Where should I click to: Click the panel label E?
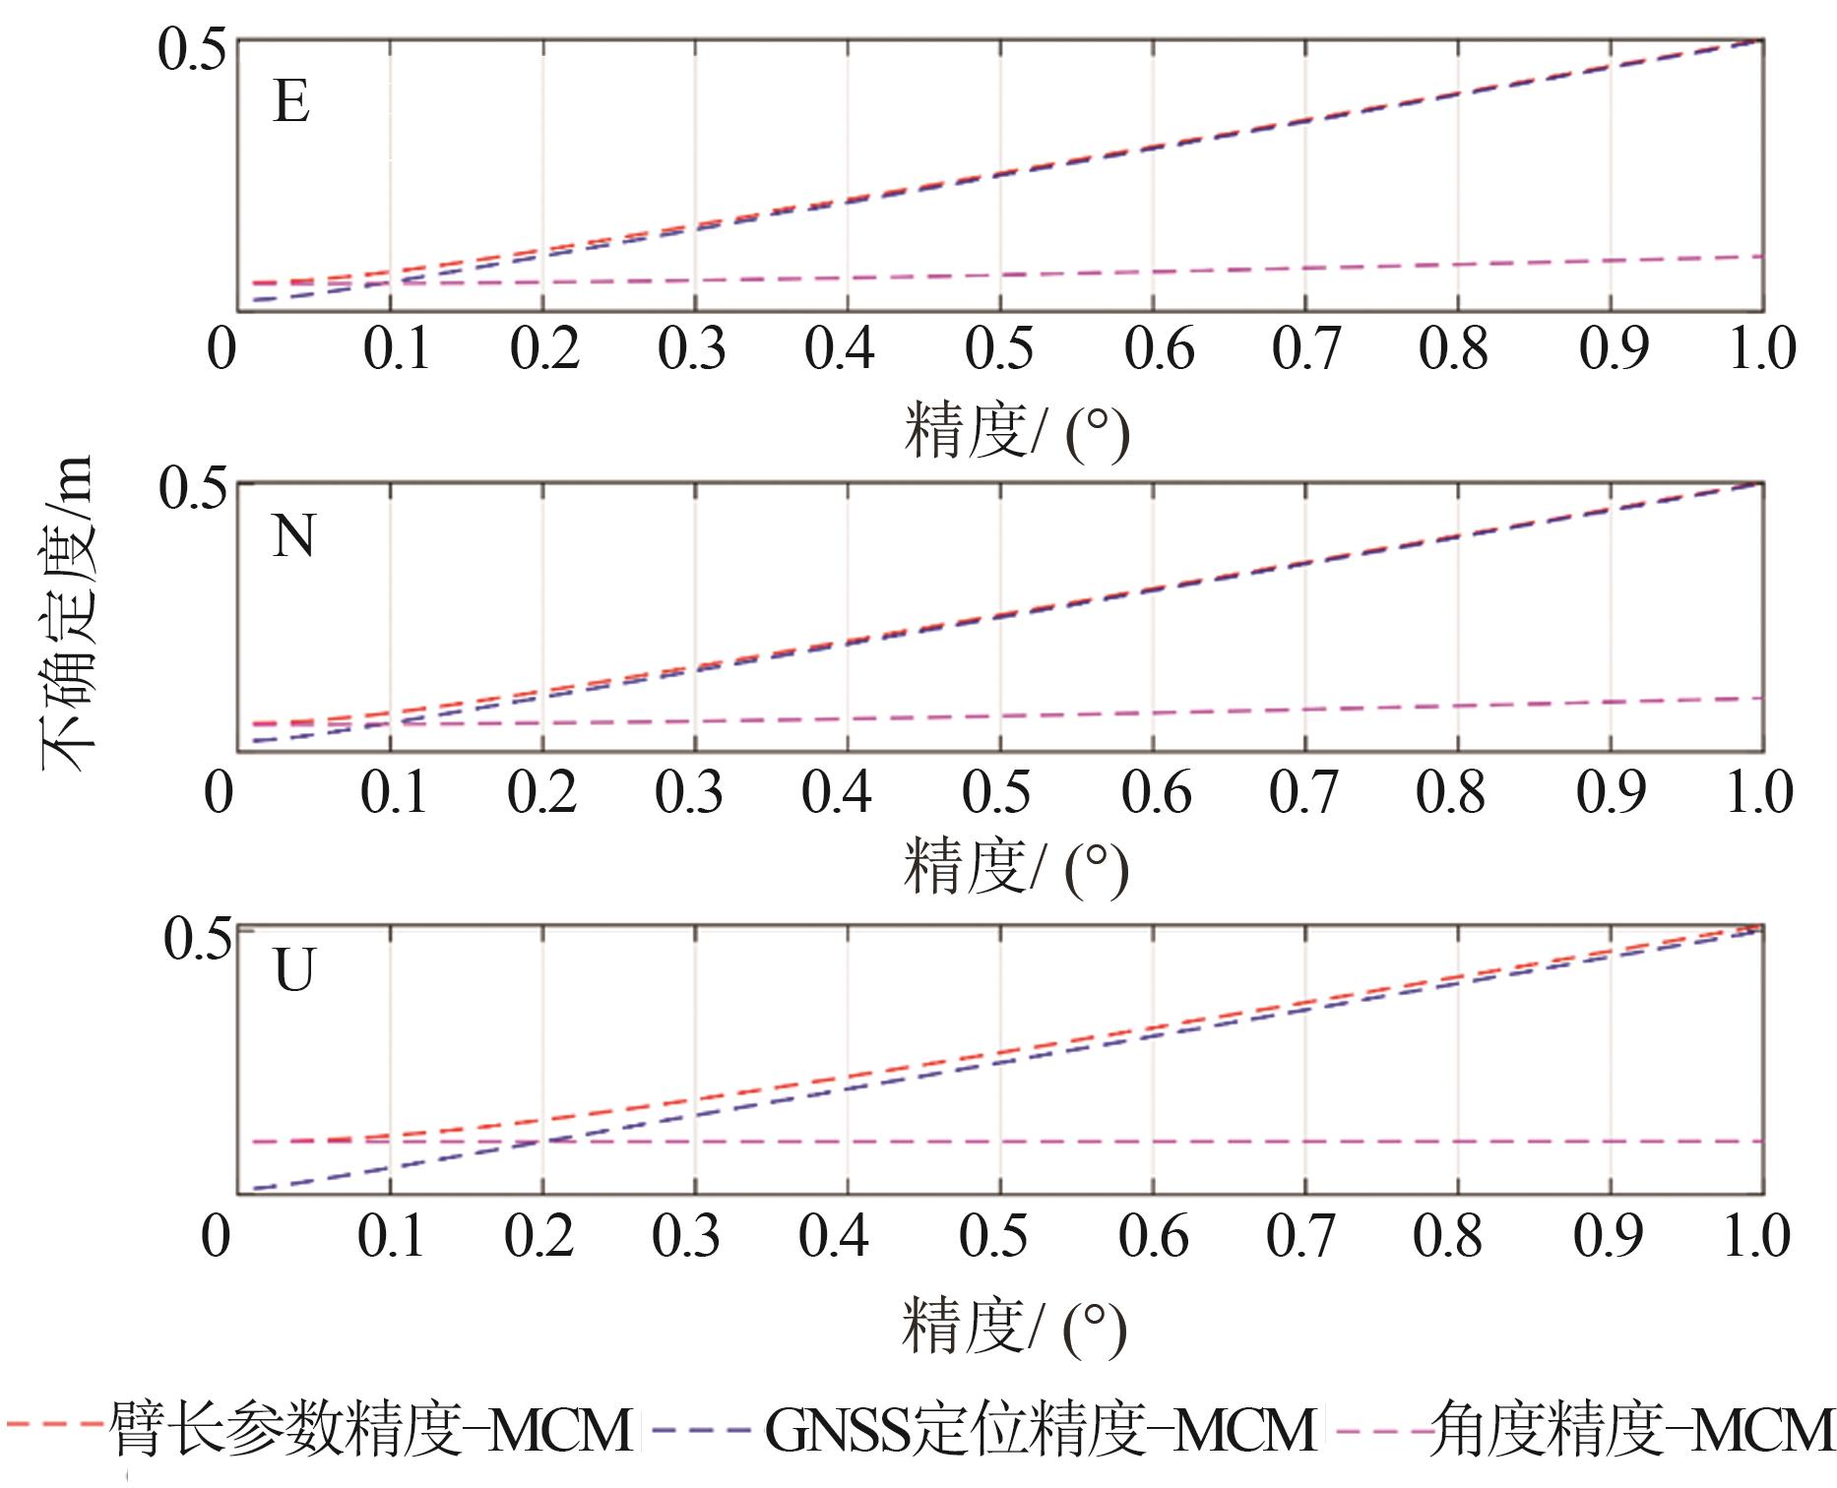[291, 101]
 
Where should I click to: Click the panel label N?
[293, 537]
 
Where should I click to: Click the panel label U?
[293, 972]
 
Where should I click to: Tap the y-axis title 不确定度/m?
[67, 615]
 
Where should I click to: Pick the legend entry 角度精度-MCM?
[1629, 1431]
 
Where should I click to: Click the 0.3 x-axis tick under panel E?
[692, 349]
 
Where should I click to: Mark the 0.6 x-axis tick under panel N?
[1157, 793]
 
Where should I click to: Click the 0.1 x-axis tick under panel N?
[393, 793]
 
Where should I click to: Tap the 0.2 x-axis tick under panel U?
[538, 1236]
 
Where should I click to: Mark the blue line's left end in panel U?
[254, 1188]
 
